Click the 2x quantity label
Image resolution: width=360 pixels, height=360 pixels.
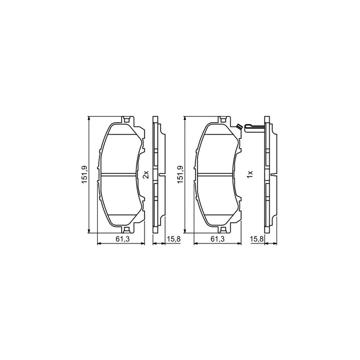pos(145,174)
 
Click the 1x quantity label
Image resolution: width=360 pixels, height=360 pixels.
pos(249,174)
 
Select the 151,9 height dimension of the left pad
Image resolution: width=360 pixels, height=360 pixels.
pos(83,174)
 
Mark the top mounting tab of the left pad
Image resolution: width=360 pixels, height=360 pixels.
pos(127,121)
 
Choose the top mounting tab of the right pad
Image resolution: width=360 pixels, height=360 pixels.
pos(223,121)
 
